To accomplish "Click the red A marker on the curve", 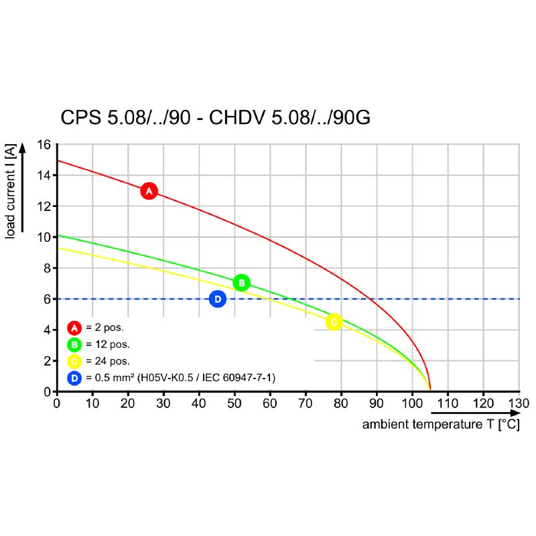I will coord(149,191).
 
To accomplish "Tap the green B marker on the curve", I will coord(242,283).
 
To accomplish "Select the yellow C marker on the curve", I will coord(334,322).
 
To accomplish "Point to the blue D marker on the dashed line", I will coord(217,299).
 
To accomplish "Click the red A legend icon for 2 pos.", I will coord(74,328).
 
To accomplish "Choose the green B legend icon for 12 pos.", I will coord(74,344).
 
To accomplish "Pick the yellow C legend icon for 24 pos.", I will coord(74,361).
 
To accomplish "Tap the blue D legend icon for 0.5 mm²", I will coord(74,378).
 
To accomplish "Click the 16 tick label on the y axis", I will coord(44,145).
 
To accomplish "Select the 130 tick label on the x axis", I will coord(519,403).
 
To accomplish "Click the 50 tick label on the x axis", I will coord(234,403).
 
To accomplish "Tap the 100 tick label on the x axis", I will coord(412,403).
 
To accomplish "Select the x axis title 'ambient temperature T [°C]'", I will coord(441,425).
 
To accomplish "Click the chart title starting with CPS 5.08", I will coord(215,118).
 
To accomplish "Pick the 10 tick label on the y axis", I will coord(44,237).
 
